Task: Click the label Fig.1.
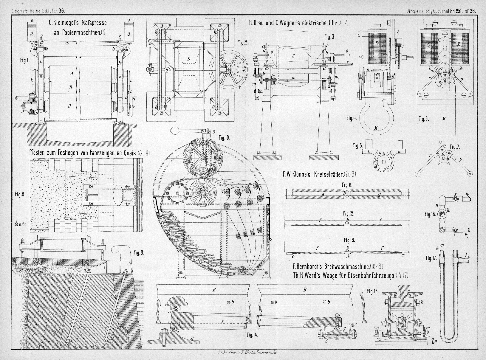pos(25,60)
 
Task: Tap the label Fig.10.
pos(224,138)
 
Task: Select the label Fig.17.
pos(431,258)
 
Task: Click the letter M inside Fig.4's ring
pos(376,128)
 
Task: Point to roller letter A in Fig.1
pos(71,73)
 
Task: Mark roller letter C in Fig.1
pos(69,106)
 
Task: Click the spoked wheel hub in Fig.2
pos(229,69)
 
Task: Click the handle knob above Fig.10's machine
pos(174,130)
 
